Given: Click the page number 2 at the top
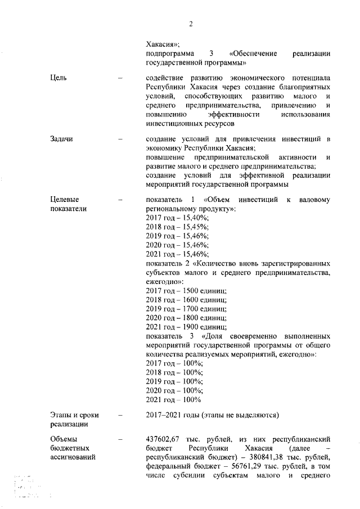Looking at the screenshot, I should [191, 24].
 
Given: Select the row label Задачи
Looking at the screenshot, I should [61, 138].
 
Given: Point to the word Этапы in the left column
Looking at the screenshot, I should [61, 415].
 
